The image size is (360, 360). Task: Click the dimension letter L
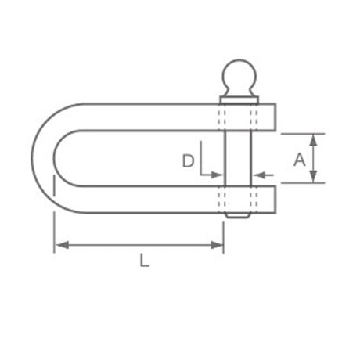144,261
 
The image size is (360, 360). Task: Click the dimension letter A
299,160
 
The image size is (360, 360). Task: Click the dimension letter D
188,160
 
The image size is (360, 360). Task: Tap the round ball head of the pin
239,75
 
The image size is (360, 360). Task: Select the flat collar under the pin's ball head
239,100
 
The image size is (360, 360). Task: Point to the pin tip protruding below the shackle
238,215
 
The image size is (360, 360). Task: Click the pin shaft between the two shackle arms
238,158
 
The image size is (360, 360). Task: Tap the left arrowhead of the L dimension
62,245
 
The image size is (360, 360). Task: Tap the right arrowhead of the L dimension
217,245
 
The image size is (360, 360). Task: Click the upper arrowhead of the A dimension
314,140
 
